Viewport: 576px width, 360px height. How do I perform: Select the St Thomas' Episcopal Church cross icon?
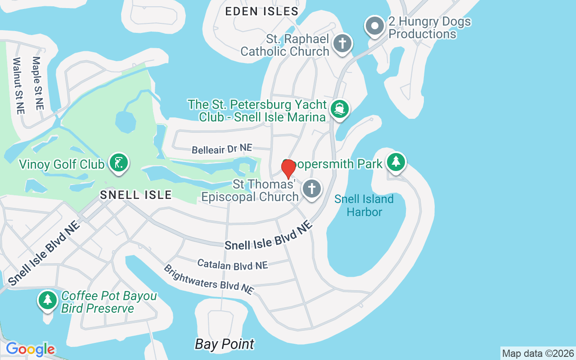[x=312, y=189]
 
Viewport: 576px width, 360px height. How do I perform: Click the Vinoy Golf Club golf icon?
[x=119, y=162]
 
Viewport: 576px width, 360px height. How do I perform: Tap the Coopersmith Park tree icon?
[x=396, y=161]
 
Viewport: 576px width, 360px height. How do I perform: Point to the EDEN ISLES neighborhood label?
[x=261, y=12]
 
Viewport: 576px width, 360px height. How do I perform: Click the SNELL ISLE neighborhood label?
[x=136, y=195]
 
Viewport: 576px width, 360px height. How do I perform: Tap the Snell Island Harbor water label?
[x=364, y=205]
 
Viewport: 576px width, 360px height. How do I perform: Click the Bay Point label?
[x=225, y=344]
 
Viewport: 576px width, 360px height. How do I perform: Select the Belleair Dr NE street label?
[x=222, y=149]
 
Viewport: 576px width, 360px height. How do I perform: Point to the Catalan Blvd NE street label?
[x=233, y=265]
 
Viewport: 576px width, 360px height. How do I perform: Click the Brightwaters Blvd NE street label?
[x=208, y=279]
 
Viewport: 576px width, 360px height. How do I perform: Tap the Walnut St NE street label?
[x=18, y=85]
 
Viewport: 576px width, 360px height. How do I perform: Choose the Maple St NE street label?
[x=38, y=83]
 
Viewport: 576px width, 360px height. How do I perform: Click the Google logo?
[x=30, y=349]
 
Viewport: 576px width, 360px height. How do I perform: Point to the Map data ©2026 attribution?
[x=538, y=354]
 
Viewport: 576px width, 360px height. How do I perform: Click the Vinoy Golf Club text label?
[x=62, y=164]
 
